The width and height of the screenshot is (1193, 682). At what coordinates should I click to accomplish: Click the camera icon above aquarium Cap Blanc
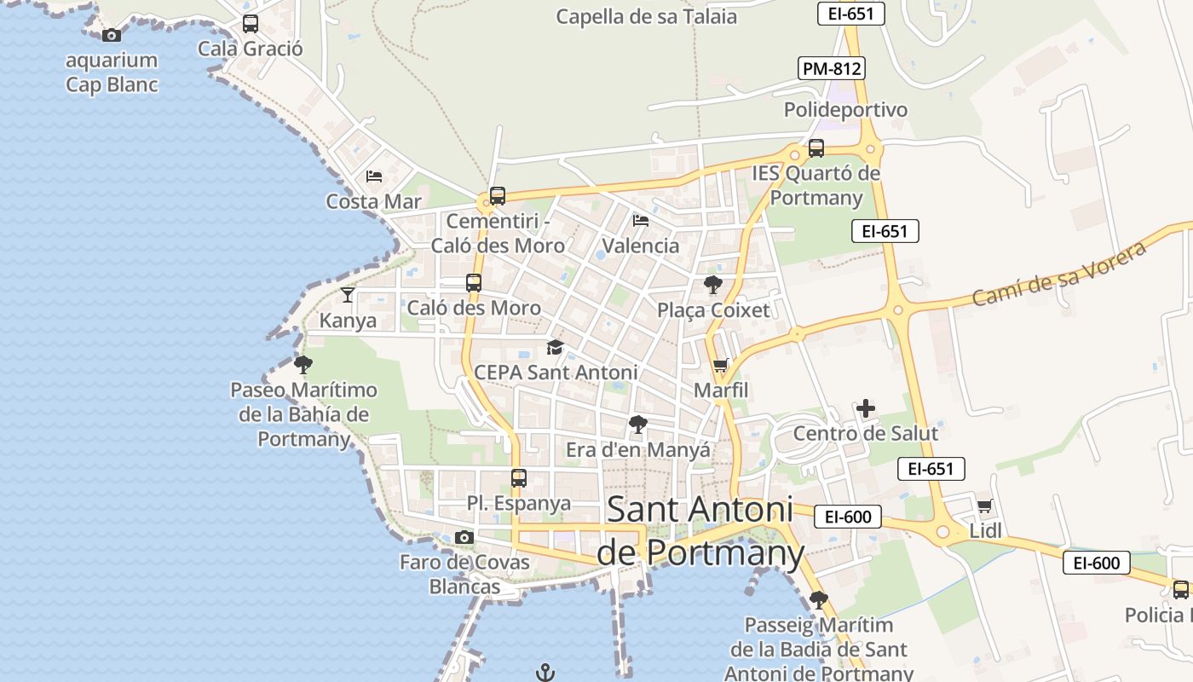(111, 35)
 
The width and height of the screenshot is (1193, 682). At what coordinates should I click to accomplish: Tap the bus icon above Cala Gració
(250, 24)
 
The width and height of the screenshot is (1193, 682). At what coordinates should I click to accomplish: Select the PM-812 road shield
(832, 68)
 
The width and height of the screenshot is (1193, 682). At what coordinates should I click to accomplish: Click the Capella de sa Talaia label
(646, 16)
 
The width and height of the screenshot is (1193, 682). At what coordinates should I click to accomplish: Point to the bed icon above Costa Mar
(373, 176)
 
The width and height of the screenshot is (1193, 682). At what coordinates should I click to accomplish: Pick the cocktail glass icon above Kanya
(347, 295)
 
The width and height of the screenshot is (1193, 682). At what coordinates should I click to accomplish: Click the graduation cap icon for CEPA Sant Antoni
(555, 347)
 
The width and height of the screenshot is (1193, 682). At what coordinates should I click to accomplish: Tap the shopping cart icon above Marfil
(720, 366)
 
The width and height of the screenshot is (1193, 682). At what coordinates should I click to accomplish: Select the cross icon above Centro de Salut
(866, 408)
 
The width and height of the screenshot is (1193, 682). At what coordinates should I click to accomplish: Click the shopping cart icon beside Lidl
(984, 506)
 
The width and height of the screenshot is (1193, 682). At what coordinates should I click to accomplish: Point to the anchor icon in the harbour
(545, 673)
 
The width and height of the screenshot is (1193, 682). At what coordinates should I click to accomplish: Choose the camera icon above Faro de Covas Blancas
(464, 537)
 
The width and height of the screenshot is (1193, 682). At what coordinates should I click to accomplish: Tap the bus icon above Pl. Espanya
(518, 478)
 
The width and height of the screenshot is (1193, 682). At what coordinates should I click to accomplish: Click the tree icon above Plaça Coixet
(712, 285)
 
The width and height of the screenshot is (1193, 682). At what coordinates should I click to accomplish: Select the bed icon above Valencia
(641, 221)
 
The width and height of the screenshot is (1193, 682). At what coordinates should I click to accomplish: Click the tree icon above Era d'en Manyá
(637, 424)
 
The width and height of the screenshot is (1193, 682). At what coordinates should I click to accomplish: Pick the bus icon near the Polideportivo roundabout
(816, 148)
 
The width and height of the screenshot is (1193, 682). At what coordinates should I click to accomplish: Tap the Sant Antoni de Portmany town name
(700, 530)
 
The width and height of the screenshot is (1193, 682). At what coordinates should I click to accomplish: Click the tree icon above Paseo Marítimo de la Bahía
(303, 365)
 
